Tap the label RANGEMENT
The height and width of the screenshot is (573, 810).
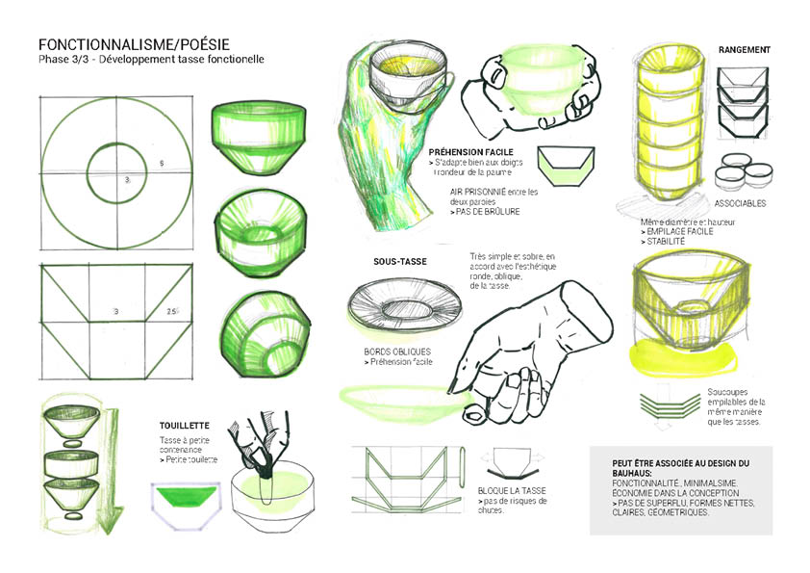tap(744, 49)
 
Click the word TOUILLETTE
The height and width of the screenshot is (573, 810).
tap(186, 424)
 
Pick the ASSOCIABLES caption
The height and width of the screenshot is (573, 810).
tap(741, 203)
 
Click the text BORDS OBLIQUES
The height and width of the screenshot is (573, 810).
tap(397, 352)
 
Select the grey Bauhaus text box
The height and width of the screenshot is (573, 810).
tap(680, 488)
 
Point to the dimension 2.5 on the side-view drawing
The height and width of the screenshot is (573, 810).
tap(173, 312)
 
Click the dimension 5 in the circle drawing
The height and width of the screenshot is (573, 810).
tap(162, 165)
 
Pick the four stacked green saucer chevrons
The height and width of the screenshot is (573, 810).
tap(668, 405)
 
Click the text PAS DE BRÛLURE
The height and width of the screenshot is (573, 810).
tap(485, 211)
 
